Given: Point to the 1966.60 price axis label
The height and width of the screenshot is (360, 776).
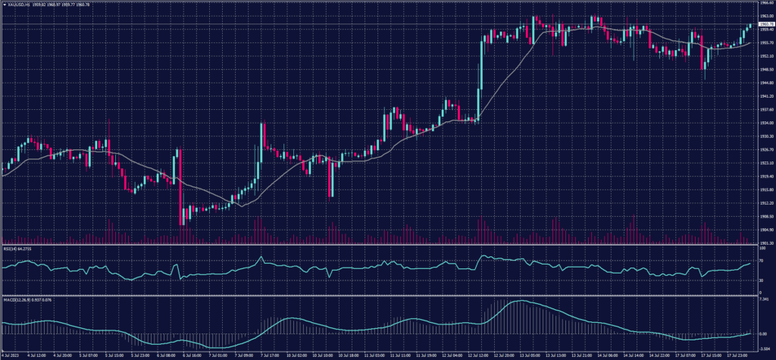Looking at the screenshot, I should [x=765, y=3].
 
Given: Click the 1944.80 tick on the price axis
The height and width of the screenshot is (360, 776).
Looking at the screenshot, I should [x=765, y=83].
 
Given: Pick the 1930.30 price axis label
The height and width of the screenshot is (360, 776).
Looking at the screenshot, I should [x=765, y=136].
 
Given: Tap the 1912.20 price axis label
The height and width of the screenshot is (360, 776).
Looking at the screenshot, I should [x=765, y=203].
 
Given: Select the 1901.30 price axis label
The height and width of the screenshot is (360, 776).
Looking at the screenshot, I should [x=765, y=243].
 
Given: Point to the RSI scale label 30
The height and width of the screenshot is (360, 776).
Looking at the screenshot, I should [x=760, y=280].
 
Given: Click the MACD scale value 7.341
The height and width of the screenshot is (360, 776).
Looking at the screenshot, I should [x=762, y=299].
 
